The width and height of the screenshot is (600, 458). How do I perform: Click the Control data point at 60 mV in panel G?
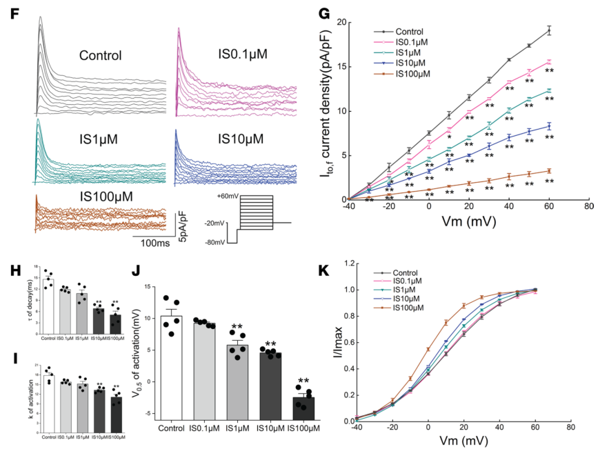[549, 30]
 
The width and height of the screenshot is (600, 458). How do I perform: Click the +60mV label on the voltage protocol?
[226, 197]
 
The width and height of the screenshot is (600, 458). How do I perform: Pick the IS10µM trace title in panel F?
[241, 139]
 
